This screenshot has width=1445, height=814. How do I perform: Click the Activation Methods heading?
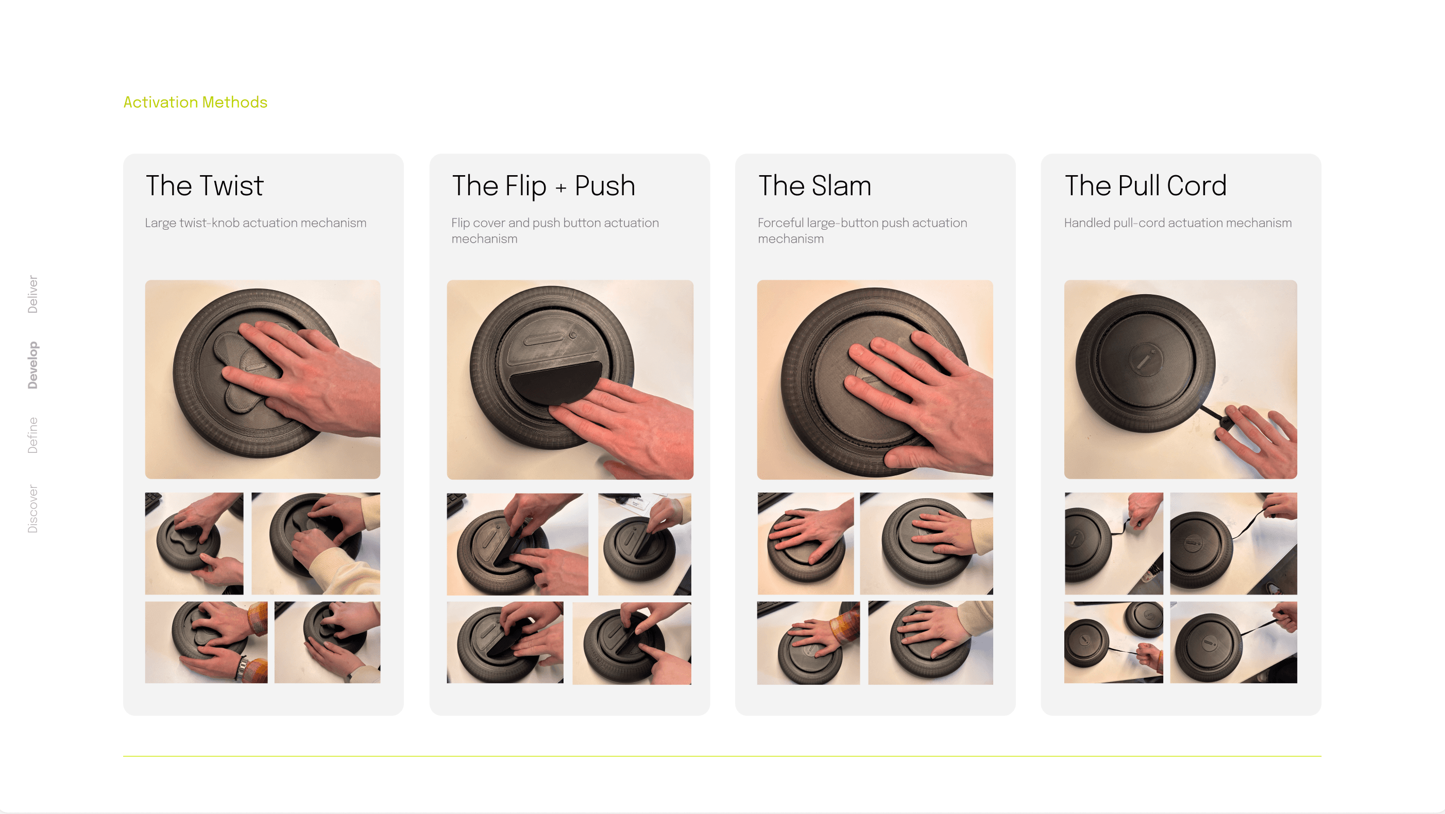195,102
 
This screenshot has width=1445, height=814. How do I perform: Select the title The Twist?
204,185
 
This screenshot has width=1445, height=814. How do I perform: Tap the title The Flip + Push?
543,185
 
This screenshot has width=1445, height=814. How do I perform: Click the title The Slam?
814,185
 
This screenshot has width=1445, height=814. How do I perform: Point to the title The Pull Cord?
1146,185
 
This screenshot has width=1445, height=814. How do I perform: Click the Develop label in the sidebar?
33,365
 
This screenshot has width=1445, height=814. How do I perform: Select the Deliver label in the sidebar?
33,294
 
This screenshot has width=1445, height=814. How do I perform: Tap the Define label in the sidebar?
33,435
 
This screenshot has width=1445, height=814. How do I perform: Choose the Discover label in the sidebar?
33,508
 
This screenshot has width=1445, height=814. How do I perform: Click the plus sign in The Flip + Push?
560,188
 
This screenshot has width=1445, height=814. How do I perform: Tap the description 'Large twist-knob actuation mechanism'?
256,223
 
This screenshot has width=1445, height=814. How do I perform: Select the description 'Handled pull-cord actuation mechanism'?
1178,223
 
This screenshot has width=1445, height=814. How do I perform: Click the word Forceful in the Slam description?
781,223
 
